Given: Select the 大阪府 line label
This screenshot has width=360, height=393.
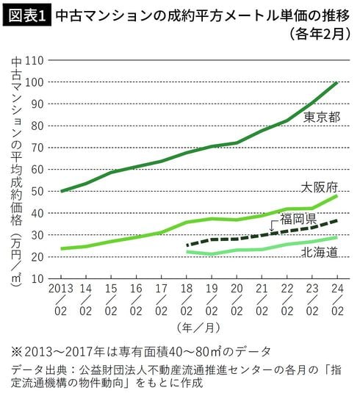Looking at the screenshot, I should [x=319, y=185].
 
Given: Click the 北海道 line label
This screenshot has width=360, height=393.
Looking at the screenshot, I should [x=320, y=252].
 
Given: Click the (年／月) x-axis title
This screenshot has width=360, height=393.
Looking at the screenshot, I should [x=201, y=324].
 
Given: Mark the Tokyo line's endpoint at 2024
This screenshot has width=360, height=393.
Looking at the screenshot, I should [x=336, y=82].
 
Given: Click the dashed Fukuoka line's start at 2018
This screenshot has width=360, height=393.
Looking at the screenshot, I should [x=188, y=245].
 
